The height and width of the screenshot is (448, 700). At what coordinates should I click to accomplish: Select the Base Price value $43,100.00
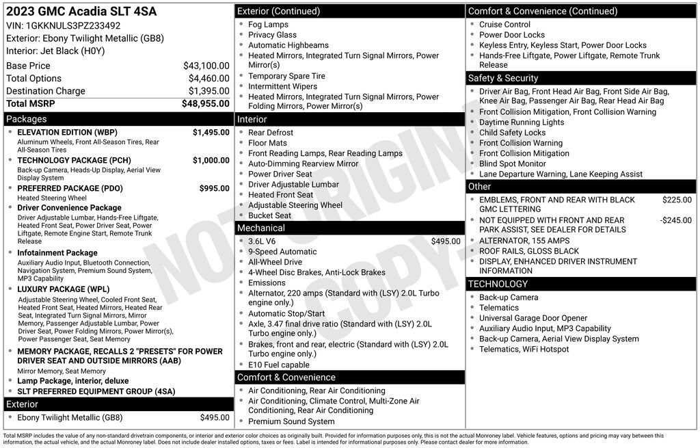pos(206,66)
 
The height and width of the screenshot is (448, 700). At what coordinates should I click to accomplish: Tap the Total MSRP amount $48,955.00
pos(205,103)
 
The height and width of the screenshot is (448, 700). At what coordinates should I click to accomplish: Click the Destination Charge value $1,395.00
pos(208,91)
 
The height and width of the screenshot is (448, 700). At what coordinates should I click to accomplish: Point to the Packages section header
pos(27,119)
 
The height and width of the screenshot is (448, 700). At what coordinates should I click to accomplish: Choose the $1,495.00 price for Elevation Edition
pos(211,132)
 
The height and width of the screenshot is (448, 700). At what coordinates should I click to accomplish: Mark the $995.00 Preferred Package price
pos(214,188)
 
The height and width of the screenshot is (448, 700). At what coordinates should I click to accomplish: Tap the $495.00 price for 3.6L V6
pos(446,241)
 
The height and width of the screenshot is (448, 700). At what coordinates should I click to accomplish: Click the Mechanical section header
pos(261,228)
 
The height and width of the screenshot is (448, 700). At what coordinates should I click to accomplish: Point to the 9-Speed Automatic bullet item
pos(282,252)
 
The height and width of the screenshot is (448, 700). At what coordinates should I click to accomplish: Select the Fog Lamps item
pos(268,25)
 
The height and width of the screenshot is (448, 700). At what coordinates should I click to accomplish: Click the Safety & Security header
pos(503,78)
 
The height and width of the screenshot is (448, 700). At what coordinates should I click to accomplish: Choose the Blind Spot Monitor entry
pos(512,164)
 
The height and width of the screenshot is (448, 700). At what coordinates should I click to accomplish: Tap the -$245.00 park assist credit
pos(675,220)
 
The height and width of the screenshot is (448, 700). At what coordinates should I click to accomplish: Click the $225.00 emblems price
pos(677,200)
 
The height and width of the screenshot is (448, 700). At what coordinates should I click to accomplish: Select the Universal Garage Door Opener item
pos(533,318)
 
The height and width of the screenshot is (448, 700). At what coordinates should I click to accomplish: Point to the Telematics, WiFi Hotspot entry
pos(524,350)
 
